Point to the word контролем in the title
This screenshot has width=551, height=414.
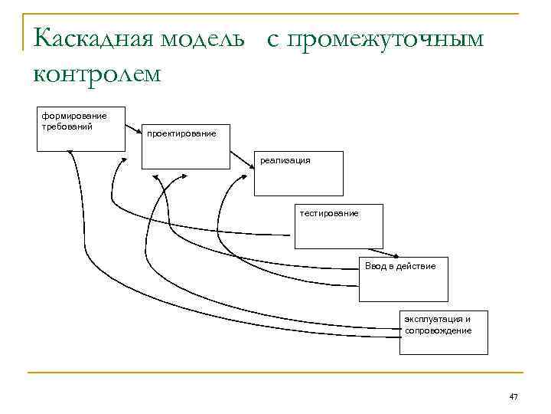(x=97, y=74)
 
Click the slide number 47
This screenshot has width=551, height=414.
(x=514, y=396)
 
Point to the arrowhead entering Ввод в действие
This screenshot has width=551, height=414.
(x=396, y=257)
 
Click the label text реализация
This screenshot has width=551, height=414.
(x=285, y=160)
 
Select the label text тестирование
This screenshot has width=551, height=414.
(x=329, y=212)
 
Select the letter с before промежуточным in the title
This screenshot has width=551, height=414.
(x=272, y=39)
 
